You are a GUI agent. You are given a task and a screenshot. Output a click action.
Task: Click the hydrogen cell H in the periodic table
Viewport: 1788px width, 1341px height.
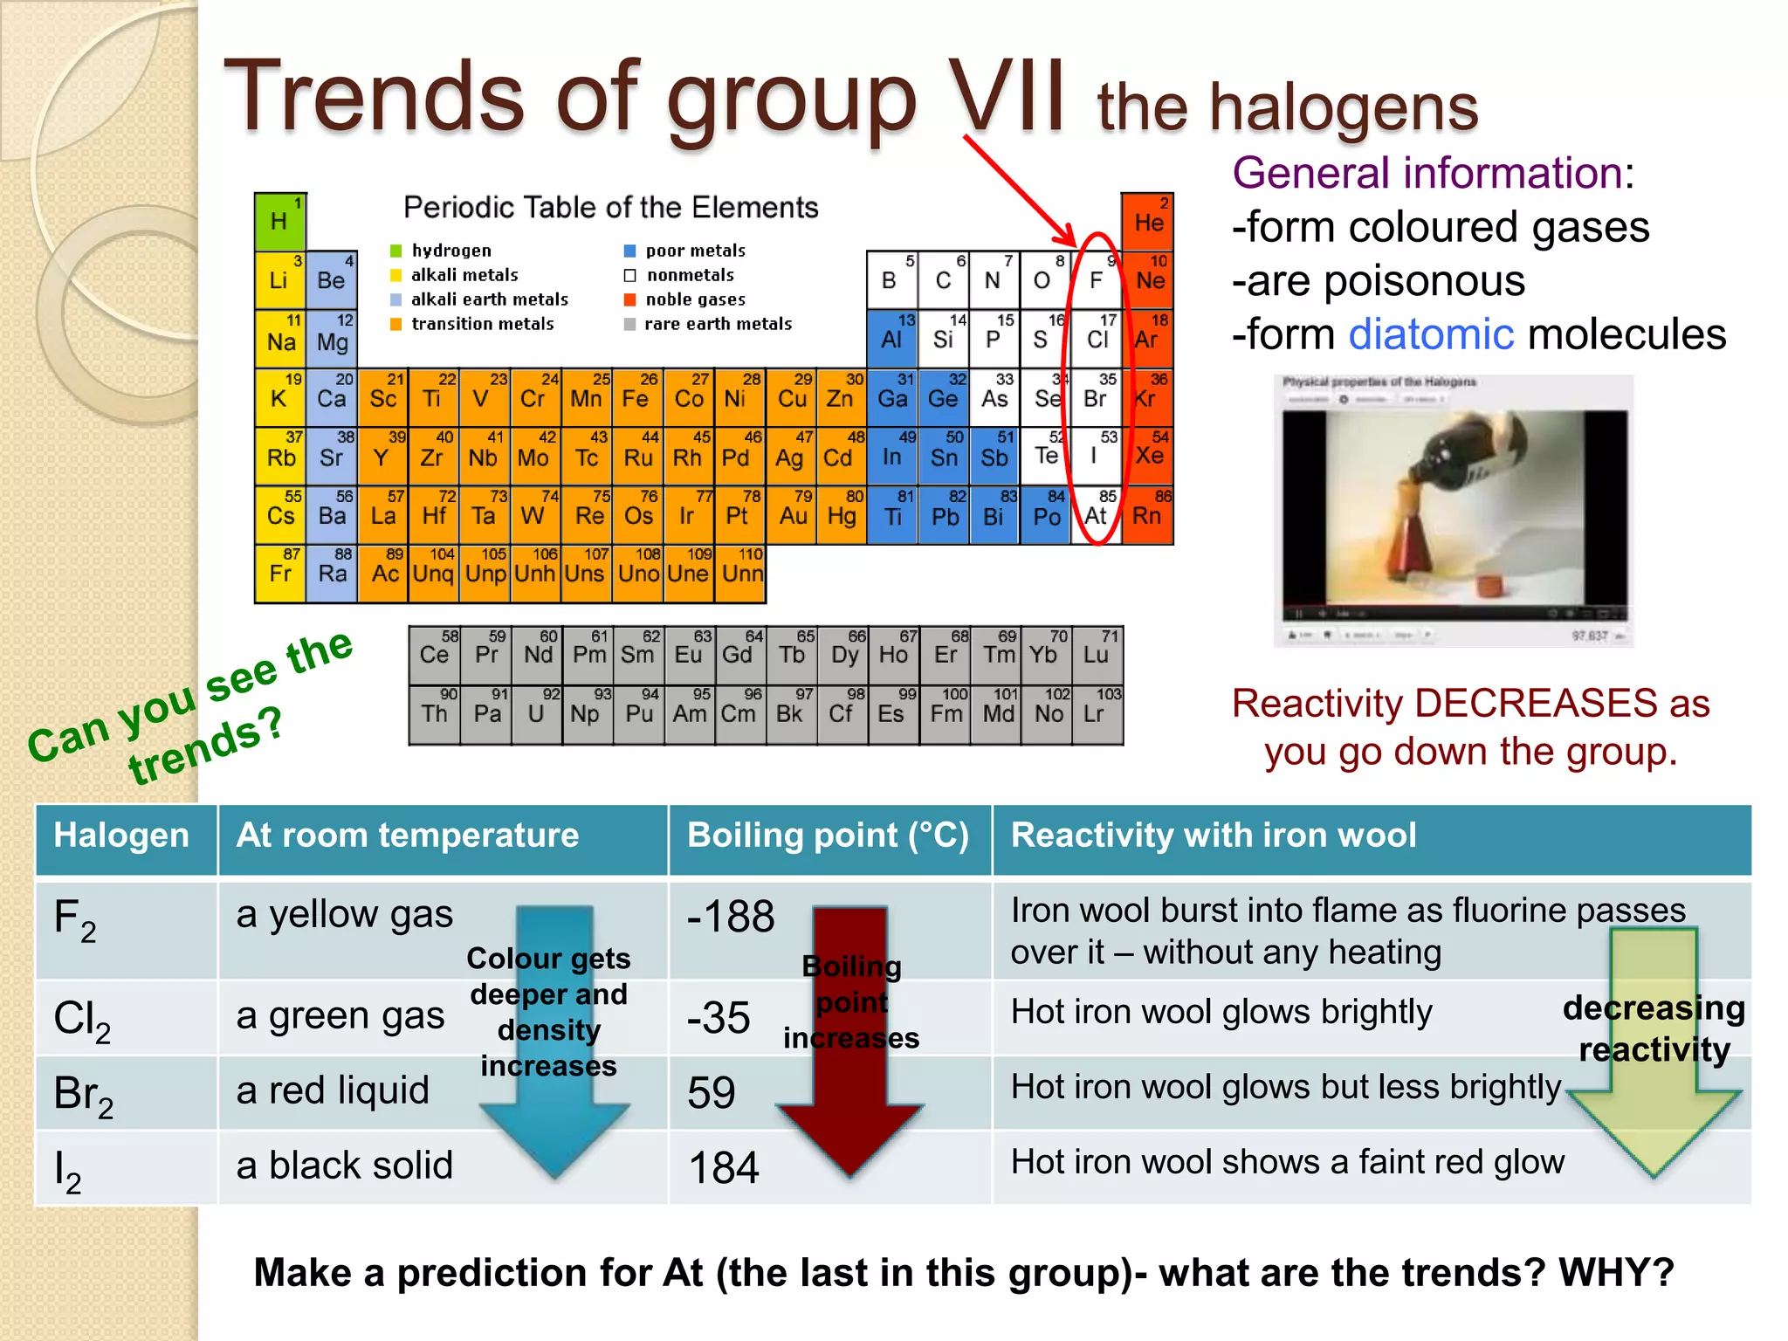pyautogui.click(x=279, y=222)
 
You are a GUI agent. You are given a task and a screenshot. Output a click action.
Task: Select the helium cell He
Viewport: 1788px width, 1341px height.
pyautogui.click(x=1147, y=222)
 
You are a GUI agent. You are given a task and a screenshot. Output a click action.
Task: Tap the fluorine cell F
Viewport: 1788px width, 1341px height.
pyautogui.click(x=1096, y=280)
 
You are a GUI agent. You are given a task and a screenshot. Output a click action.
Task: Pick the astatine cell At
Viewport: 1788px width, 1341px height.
pyautogui.click(x=1096, y=516)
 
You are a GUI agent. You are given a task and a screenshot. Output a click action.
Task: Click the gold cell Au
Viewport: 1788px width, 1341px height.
pyautogui.click(x=793, y=516)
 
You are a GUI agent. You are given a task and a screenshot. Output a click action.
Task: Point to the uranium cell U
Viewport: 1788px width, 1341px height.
pyautogui.click(x=536, y=713)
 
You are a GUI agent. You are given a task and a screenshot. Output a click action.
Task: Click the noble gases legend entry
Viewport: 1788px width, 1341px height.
pyautogui.click(x=695, y=299)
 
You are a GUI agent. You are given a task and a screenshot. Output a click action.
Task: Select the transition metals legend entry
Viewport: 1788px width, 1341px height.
pyautogui.click(x=482, y=324)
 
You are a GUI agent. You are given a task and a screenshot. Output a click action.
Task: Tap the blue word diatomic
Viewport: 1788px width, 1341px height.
pyautogui.click(x=1431, y=334)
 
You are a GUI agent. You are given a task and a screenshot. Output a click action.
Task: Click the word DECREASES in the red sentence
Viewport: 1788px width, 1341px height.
pyautogui.click(x=1539, y=704)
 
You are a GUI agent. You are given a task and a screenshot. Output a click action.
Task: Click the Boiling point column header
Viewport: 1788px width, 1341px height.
pyautogui.click(x=828, y=836)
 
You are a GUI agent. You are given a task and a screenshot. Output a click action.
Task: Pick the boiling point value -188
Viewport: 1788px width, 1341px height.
pyautogui.click(x=730, y=917)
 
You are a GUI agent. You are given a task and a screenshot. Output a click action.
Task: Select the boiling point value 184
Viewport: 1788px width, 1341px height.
pyautogui.click(x=724, y=1167)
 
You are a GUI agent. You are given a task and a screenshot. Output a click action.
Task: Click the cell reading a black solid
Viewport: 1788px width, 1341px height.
pyautogui.click(x=344, y=1166)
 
